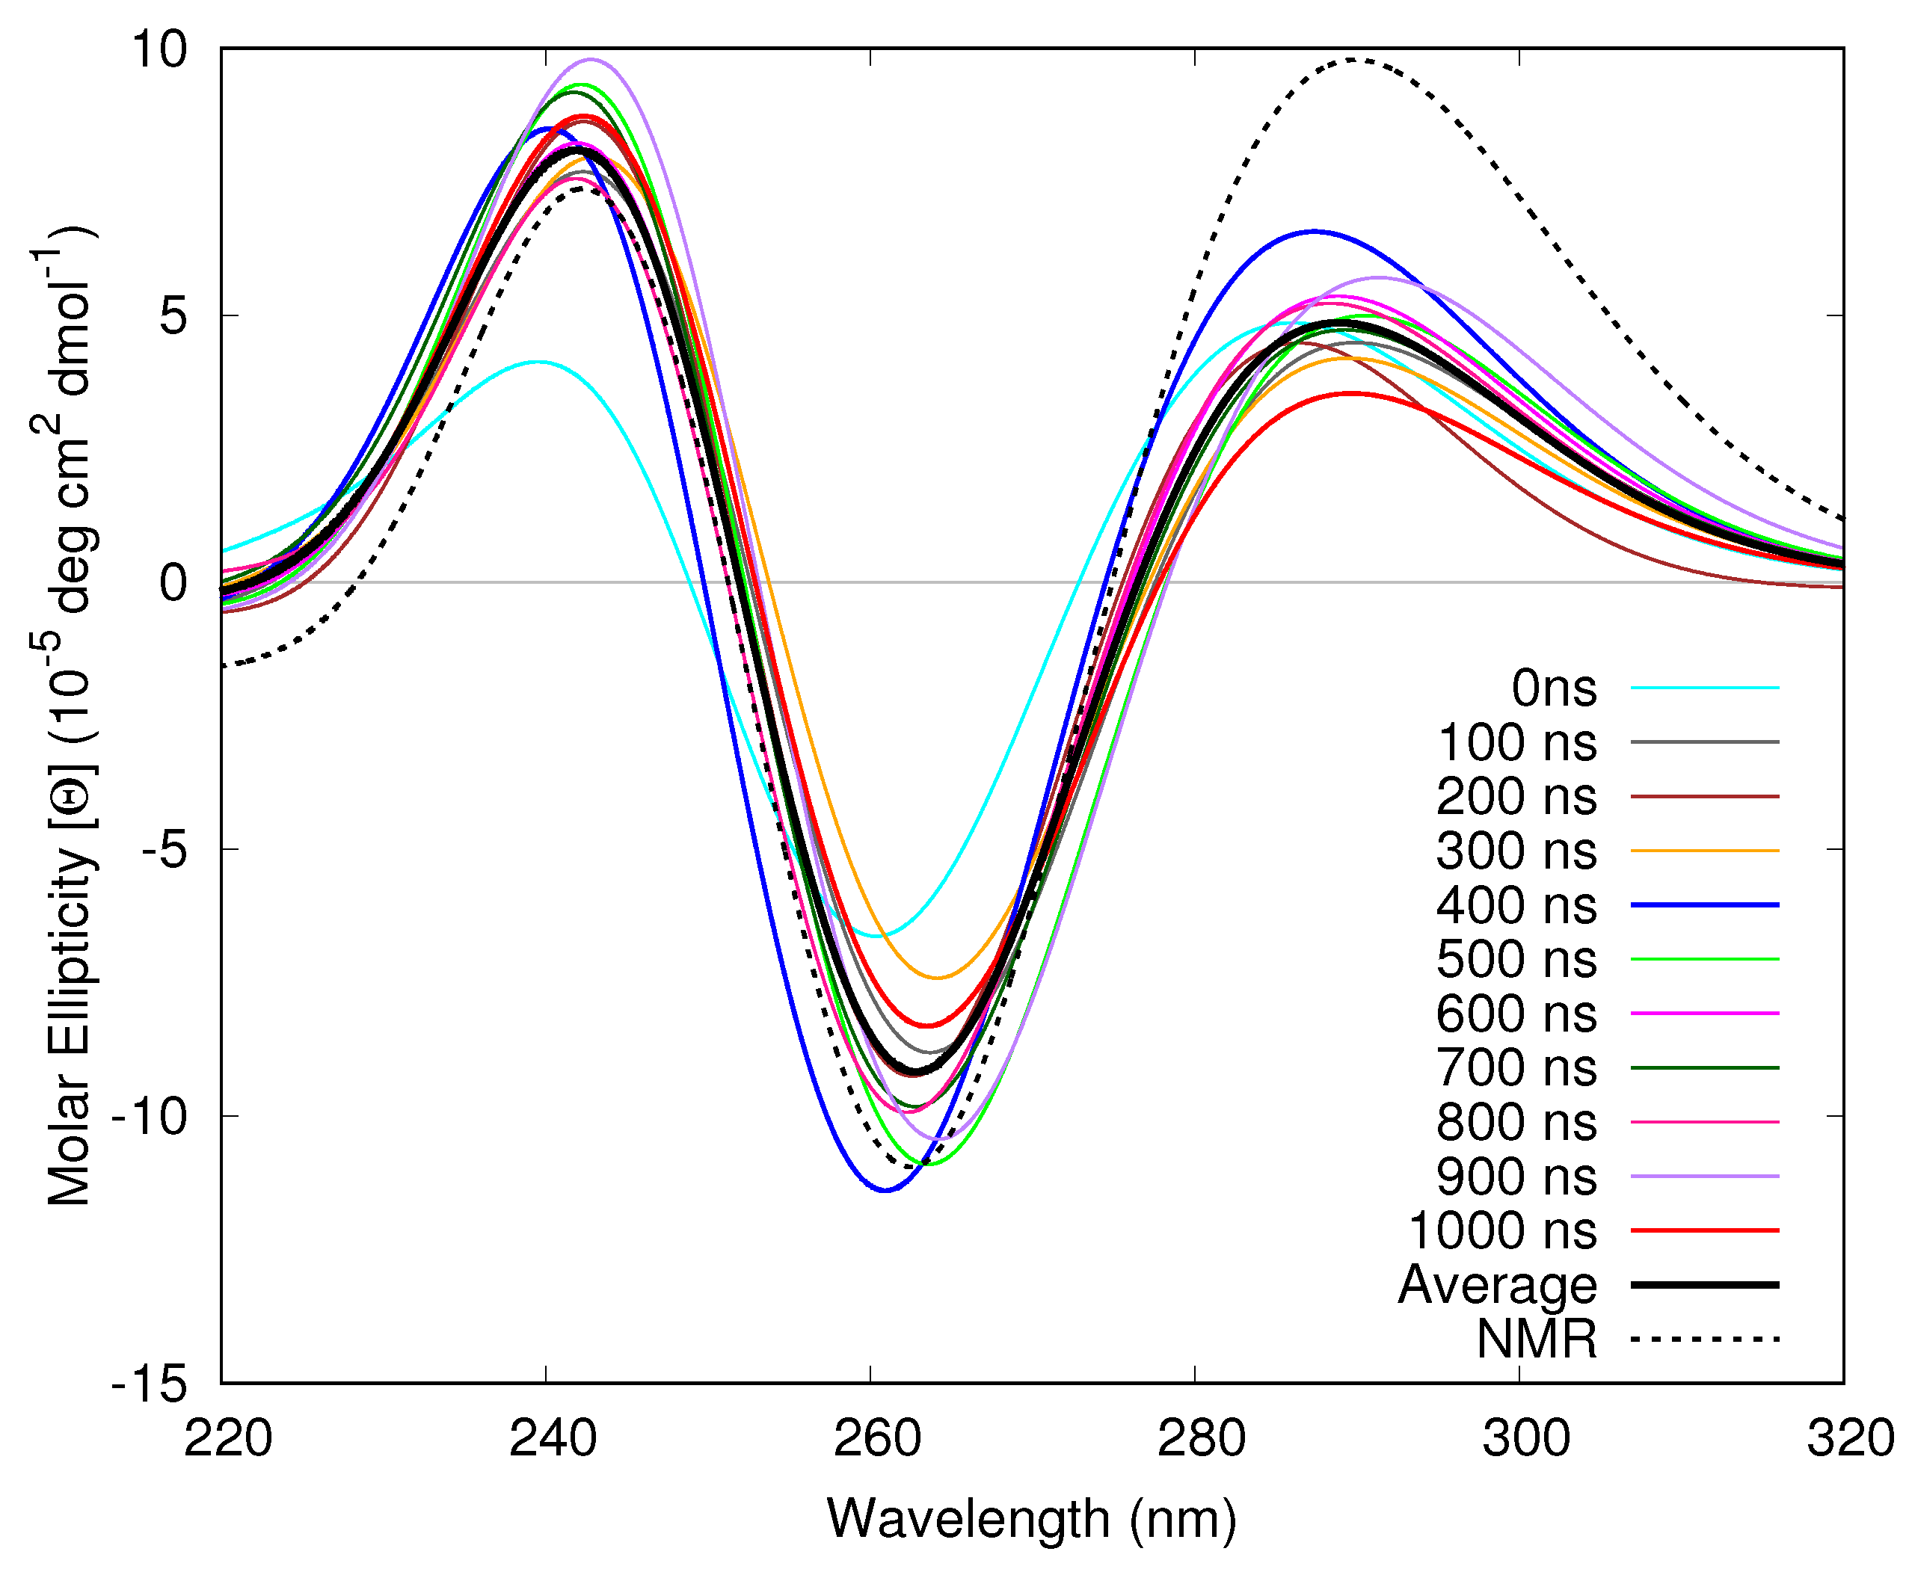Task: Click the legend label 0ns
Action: coord(1553,688)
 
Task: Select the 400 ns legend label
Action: coord(1516,905)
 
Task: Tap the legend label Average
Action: coord(1497,1286)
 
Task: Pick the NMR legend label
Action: coord(1536,1339)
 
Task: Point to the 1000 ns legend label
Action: coord(1502,1231)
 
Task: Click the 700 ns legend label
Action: coord(1516,1068)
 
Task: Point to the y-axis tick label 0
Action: coord(173,582)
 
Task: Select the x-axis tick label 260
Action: coord(877,1439)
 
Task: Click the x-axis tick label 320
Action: coord(1850,1439)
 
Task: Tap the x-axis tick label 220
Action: coord(228,1439)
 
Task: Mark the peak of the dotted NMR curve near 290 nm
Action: coord(1353,60)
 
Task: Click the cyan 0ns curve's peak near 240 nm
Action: coord(538,362)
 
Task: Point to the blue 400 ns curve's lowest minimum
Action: coord(886,1190)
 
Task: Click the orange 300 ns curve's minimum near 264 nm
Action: coord(938,978)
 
